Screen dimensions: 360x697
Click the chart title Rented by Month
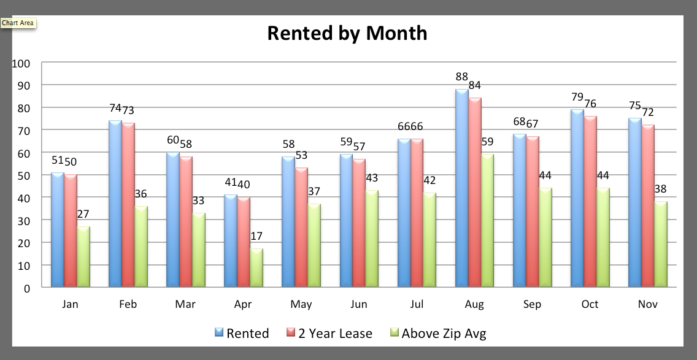[x=347, y=33]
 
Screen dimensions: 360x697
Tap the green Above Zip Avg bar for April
[x=256, y=268]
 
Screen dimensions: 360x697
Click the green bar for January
[x=83, y=256]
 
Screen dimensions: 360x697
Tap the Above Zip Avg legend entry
[x=437, y=334]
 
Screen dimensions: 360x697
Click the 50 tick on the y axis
[x=23, y=175]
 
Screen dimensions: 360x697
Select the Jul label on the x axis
[x=417, y=304]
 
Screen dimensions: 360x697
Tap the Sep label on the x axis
[x=532, y=304]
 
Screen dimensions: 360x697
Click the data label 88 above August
[x=461, y=77]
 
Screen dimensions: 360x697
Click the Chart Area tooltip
[x=18, y=23]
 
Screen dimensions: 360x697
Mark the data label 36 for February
[x=141, y=194]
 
